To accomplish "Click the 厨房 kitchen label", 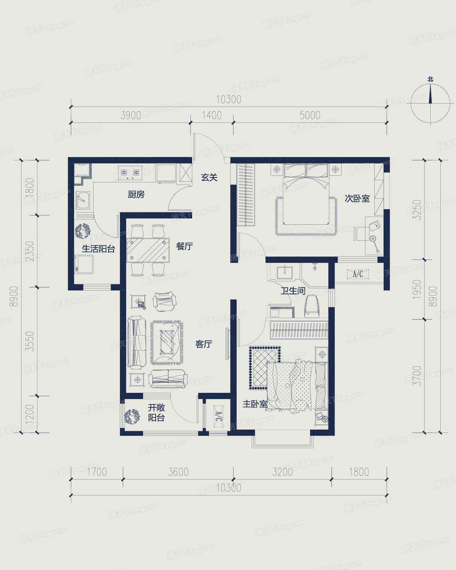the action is [136, 195].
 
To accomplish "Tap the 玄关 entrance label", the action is [209, 177].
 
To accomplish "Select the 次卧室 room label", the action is [357, 199].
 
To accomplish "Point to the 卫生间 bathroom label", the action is [293, 291].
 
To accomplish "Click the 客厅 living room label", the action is [204, 344].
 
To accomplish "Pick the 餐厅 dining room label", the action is [184, 246].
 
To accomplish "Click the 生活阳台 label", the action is [98, 249].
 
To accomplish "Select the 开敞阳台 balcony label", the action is [156, 413].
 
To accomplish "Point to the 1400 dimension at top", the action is [212, 116].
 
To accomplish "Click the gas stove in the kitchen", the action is [130, 173].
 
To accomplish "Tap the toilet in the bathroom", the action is [312, 306].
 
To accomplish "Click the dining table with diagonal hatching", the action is [148, 250].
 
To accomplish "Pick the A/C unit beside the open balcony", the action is [218, 417].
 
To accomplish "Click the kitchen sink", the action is [83, 200].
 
